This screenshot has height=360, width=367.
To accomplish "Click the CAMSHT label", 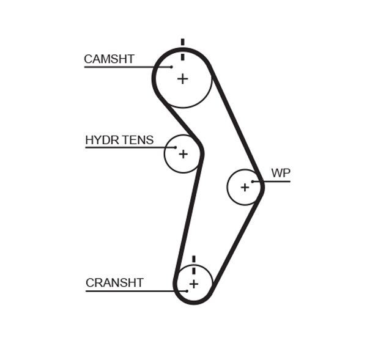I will pyautogui.click(x=109, y=59).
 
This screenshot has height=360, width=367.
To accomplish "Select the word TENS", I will pyautogui.click(x=138, y=141).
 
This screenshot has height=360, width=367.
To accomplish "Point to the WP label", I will pyautogui.click(x=280, y=173).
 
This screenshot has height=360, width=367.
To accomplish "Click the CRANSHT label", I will pyautogui.click(x=114, y=283).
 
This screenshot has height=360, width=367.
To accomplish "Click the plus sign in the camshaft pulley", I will pyautogui.click(x=182, y=79).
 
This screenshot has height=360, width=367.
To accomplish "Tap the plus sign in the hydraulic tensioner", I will pyautogui.click(x=182, y=154).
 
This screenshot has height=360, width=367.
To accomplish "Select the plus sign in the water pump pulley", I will pyautogui.click(x=245, y=187).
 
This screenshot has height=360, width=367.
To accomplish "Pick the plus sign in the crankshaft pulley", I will pyautogui.click(x=193, y=284).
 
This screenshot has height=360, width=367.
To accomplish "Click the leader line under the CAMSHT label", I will pyautogui.click(x=122, y=67).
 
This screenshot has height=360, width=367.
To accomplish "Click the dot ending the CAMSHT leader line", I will pyautogui.click(x=172, y=67).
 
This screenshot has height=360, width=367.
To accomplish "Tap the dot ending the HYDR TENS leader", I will pyautogui.click(x=176, y=147).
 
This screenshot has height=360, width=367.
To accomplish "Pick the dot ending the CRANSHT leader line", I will pyautogui.click(x=187, y=291).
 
